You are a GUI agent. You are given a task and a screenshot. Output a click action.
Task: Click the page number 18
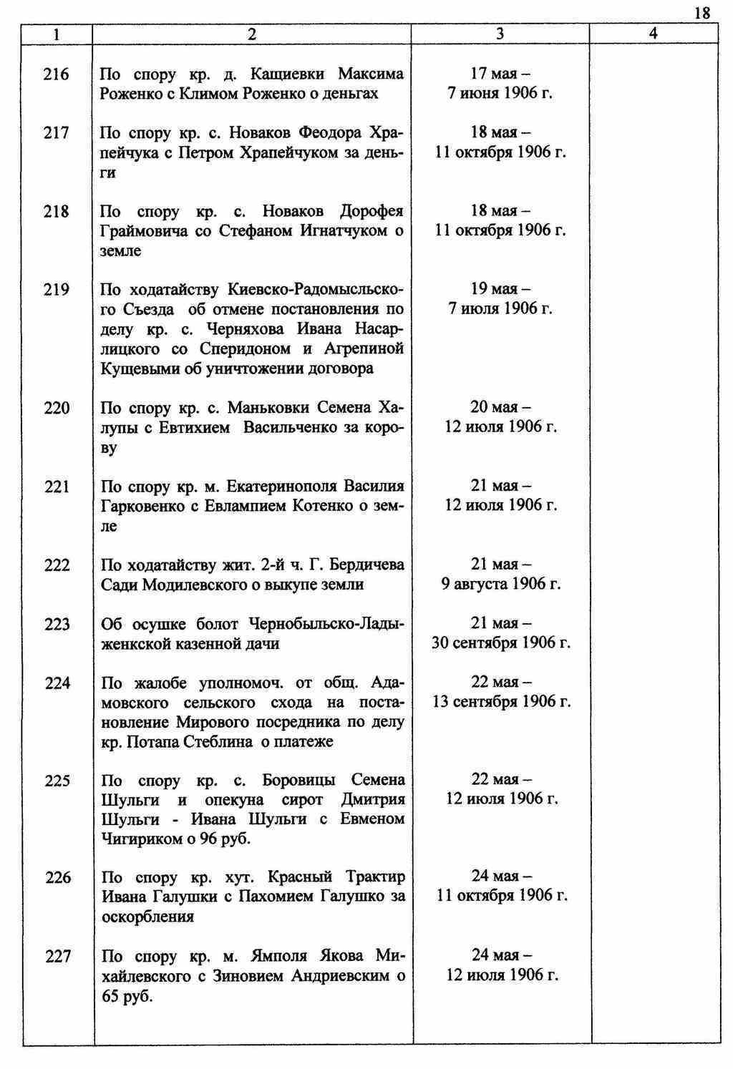pyautogui.click(x=702, y=12)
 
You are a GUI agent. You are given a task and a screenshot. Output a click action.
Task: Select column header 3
pyautogui.click(x=500, y=34)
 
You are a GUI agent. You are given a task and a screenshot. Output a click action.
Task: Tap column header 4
pyautogui.click(x=653, y=34)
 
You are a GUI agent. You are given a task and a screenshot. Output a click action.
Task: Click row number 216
pyautogui.click(x=57, y=74)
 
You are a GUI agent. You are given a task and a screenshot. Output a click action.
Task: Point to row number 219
pyautogui.click(x=57, y=289)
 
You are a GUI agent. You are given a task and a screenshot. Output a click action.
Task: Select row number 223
pyautogui.click(x=57, y=624)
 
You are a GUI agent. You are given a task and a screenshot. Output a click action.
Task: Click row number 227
pyautogui.click(x=57, y=956)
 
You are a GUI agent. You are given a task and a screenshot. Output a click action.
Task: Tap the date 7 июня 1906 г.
pyautogui.click(x=500, y=94)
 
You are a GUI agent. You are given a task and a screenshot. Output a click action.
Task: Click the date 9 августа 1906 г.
pyautogui.click(x=501, y=584)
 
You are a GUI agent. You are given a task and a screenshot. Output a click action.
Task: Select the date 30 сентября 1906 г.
pyautogui.click(x=501, y=643)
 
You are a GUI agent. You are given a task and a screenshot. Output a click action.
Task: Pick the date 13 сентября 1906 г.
pyautogui.click(x=501, y=702)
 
